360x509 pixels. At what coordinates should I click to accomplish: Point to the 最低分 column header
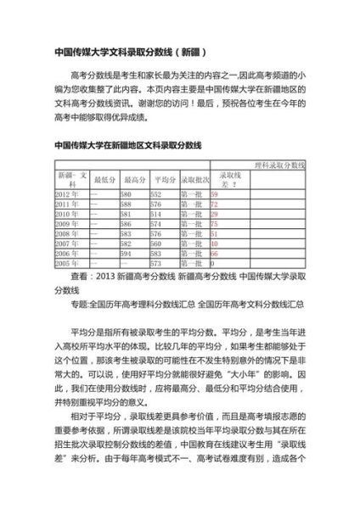[104, 179]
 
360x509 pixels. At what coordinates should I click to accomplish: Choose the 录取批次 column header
[191, 179]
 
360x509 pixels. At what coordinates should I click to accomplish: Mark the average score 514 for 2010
[156, 215]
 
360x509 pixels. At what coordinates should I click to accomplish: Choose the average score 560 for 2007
[156, 243]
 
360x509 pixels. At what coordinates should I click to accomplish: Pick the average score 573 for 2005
[156, 264]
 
